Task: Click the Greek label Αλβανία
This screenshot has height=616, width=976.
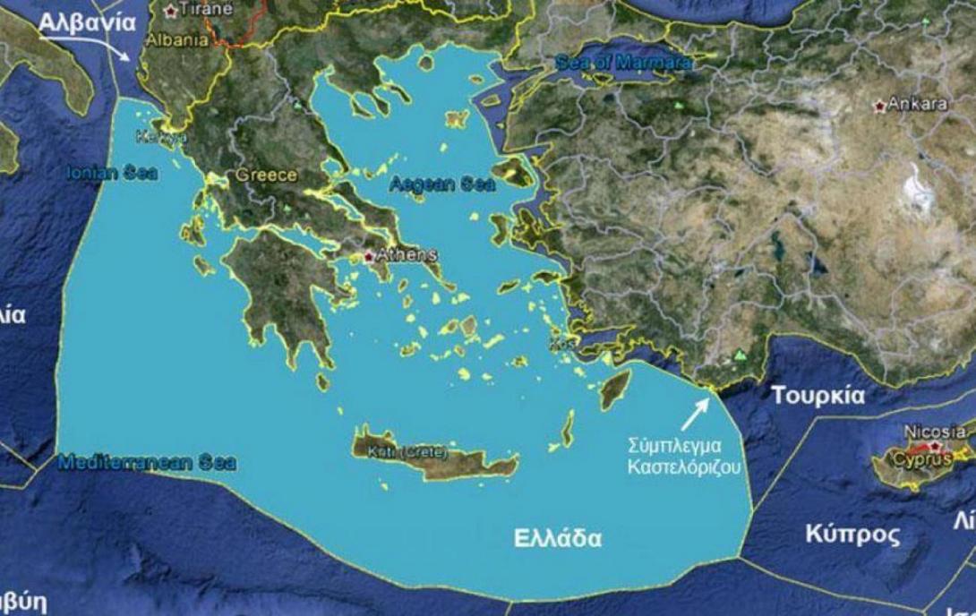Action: tap(87, 23)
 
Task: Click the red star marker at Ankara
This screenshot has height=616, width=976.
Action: tap(879, 106)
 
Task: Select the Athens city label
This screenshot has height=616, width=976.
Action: tap(407, 255)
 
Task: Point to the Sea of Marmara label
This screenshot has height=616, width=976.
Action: tap(623, 64)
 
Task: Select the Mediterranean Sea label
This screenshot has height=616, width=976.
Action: tap(146, 463)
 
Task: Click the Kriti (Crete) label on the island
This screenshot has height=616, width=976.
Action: tap(407, 451)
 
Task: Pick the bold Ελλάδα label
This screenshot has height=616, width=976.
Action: tap(557, 539)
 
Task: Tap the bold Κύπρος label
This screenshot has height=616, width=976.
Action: tap(852, 535)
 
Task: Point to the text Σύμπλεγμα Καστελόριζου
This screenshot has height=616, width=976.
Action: tap(686, 454)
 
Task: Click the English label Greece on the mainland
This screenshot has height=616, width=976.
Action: tap(267, 175)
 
